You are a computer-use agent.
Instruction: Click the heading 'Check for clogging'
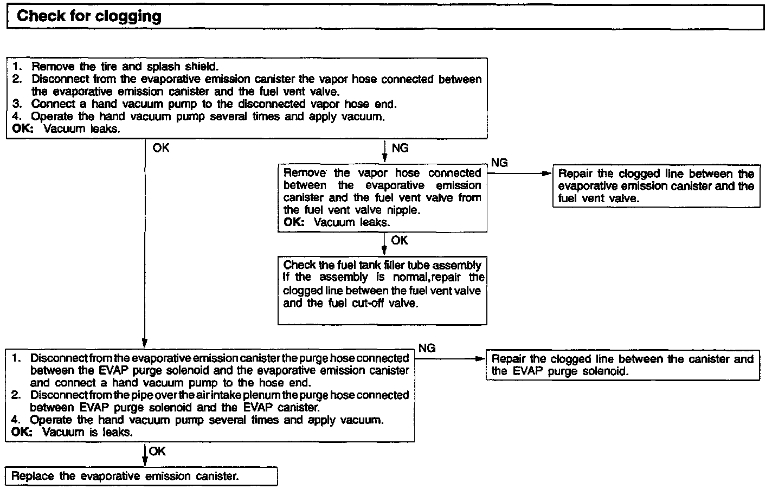89,16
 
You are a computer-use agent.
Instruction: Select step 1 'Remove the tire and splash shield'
125,67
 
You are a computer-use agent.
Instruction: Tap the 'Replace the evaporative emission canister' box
141,477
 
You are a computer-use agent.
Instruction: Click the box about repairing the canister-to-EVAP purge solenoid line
622,365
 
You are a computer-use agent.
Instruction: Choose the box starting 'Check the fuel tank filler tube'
382,290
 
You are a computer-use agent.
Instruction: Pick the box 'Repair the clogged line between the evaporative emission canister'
656,186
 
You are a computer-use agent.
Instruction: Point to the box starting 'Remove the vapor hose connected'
382,197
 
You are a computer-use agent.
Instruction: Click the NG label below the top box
400,149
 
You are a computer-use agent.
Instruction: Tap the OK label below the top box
160,148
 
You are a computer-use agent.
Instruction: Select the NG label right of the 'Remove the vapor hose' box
499,163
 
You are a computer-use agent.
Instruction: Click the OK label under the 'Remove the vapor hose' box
400,240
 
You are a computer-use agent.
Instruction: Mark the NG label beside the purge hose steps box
427,348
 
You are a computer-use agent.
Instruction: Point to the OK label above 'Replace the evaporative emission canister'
157,451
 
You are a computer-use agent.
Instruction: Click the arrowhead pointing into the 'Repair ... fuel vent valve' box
547,174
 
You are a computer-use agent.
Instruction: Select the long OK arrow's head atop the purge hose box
145,343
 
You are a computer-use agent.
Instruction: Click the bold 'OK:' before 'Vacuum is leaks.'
22,433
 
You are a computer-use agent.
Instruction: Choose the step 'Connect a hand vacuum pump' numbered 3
214,104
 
